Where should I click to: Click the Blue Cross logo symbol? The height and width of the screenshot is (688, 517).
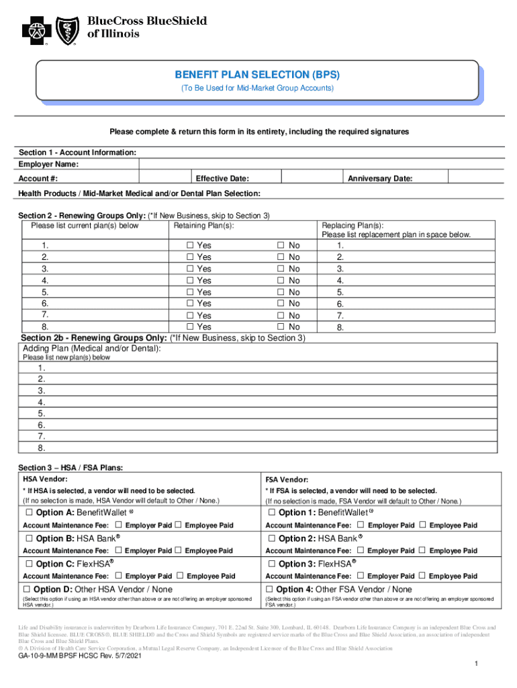pos(36,31)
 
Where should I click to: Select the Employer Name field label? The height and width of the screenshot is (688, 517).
pos(48,165)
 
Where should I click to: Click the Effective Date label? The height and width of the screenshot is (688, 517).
pos(222,179)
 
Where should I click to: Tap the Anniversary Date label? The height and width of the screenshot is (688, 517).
pos(379,179)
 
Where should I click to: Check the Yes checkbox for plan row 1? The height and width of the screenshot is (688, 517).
pos(190,246)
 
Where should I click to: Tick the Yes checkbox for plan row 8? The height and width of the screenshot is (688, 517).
pos(190,327)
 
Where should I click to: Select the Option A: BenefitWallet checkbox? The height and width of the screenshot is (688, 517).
pos(30,513)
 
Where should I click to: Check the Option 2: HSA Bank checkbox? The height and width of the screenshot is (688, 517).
pos(272,538)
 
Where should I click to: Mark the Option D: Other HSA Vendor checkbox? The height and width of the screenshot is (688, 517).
pos(30,589)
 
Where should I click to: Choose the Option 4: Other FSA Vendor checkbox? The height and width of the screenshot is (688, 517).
pos(271,589)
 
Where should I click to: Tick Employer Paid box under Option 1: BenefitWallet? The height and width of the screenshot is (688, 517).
pos(361,525)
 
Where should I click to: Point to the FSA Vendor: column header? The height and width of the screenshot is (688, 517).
pos(287,480)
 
